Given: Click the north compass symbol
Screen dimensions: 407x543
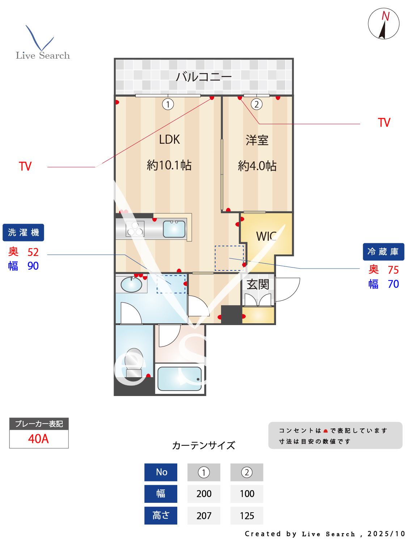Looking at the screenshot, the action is [x=383, y=24].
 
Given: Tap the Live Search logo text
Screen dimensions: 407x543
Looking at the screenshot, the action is [x=43, y=55].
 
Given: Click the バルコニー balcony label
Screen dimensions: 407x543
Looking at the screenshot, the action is [x=203, y=77].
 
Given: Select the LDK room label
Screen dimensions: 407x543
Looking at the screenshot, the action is [x=169, y=139].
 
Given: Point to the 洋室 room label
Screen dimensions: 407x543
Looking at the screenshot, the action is [x=257, y=140].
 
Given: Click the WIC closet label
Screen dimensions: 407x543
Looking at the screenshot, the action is [x=266, y=236].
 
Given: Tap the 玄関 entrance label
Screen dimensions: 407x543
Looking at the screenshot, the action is [x=258, y=284].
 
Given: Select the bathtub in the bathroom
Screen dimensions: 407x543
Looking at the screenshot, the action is [x=180, y=379].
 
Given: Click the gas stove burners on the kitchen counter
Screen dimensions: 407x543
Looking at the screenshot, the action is [x=135, y=229].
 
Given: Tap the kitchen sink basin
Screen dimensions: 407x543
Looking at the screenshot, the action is [x=174, y=229].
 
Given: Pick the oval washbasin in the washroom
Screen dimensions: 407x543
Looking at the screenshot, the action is [x=131, y=285].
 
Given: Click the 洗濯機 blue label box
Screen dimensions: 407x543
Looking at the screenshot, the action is [x=23, y=232].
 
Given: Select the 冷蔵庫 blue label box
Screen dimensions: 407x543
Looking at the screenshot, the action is [x=383, y=252].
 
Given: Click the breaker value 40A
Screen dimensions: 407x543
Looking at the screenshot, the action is [x=38, y=439].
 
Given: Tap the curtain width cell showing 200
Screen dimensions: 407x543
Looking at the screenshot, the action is [x=204, y=494].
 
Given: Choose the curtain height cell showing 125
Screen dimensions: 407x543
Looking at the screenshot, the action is [x=247, y=516].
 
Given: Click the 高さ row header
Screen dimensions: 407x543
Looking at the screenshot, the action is [x=161, y=515].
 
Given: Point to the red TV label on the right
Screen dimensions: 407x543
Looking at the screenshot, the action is [x=384, y=123].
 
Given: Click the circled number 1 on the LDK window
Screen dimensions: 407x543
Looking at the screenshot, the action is [x=168, y=104].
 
